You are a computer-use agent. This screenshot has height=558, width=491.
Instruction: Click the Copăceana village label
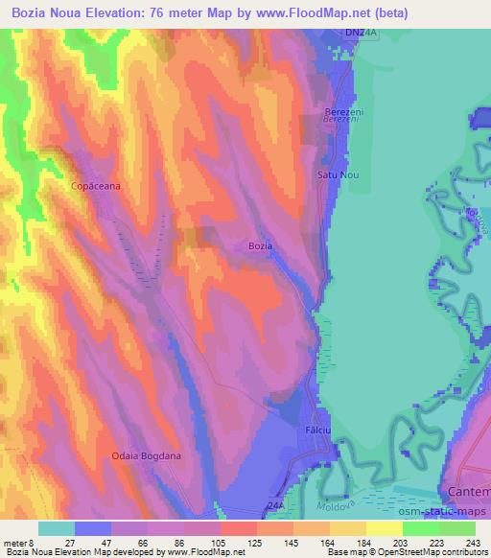[x=96, y=187]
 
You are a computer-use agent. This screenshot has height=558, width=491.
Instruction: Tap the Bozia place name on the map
[x=260, y=246]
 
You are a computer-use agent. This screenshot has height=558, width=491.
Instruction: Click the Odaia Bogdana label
[x=146, y=456]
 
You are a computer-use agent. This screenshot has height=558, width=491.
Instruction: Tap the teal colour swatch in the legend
[x=57, y=528]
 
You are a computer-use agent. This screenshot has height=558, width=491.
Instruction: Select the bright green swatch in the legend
[x=421, y=528]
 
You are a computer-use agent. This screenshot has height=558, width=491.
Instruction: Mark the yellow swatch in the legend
[x=385, y=528]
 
